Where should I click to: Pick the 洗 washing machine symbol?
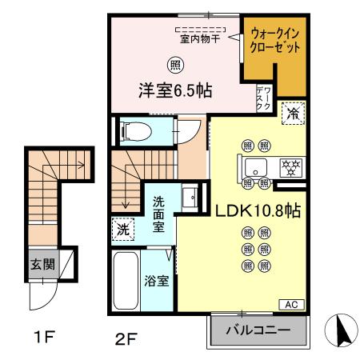[x=123, y=228]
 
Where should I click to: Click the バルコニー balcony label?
[x=258, y=330]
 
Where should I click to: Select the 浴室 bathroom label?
[x=157, y=282]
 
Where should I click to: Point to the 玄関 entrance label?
[x=43, y=265]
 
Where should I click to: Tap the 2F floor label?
[x=122, y=337]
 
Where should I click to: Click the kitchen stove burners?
[x=289, y=168]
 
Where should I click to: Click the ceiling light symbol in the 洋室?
[x=174, y=64]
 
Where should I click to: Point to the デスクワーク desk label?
[x=265, y=98]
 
